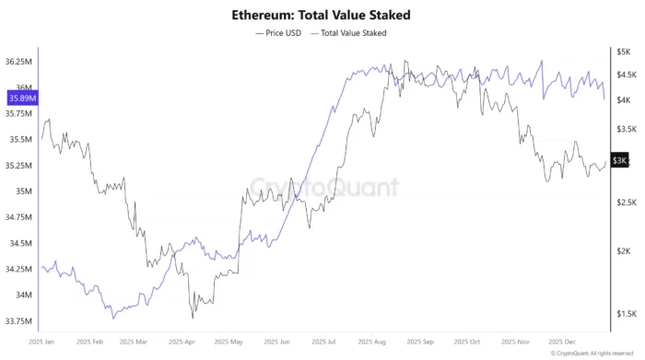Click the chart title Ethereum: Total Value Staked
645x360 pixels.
click(322, 16)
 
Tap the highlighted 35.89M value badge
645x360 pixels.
click(21, 98)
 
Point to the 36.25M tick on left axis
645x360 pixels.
click(20, 62)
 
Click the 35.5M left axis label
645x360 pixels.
click(20, 140)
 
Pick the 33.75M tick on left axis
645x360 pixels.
click(20, 321)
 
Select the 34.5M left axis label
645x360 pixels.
click(20, 244)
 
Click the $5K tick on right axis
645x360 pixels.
click(623, 52)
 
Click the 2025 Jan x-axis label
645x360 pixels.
click(42, 341)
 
